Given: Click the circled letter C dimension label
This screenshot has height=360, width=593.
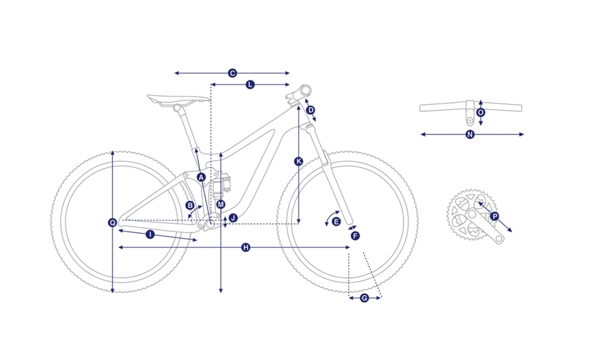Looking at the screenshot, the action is point(232,73).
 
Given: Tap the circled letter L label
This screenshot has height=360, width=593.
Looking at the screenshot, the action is point(250,84).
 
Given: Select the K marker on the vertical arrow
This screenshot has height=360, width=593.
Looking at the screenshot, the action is point(298,161).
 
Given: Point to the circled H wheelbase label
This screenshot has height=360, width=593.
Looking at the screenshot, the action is point(246,247).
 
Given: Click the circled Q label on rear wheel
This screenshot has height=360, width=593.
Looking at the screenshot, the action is point(113,223).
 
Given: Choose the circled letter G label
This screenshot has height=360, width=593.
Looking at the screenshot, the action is point(365,298).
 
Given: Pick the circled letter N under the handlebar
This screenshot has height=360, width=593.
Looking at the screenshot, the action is point(470,134).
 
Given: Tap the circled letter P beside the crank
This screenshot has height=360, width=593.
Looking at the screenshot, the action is point(494,216).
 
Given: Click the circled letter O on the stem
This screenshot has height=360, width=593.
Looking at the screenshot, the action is point(481,113).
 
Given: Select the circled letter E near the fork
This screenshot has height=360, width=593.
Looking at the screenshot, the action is point(336,222).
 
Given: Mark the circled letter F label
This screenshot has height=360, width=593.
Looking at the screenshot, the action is point(355,236).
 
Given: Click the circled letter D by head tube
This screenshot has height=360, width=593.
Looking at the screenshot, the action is point(310,110).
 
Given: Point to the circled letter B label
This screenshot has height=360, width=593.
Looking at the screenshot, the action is point(190,205).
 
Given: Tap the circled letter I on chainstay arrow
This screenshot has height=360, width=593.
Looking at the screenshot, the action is point(150,234).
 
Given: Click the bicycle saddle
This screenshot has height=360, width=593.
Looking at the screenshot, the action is point(179,100).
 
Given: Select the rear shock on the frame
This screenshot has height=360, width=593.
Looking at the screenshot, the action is point(221,185).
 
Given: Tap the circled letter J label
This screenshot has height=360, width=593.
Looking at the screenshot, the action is point(233,218).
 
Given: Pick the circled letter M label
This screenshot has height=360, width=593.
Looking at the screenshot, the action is point(221,204).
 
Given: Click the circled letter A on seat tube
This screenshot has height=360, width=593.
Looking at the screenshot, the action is point(201,177).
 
